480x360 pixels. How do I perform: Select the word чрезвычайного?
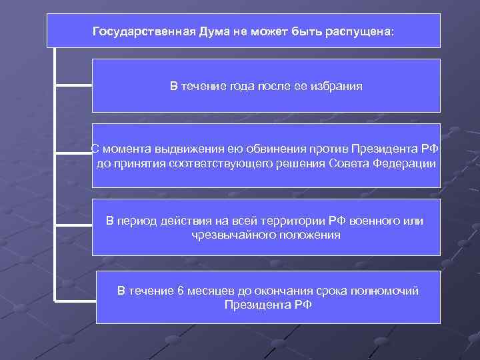[231, 235]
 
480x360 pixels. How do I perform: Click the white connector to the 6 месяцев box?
[75, 301]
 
